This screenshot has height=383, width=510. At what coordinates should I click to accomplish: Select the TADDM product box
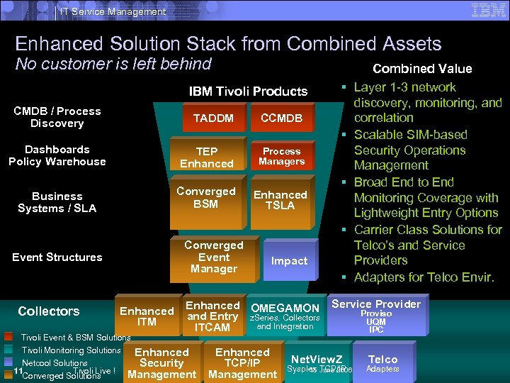pos(213,118)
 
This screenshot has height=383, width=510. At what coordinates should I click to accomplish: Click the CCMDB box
pos(281,118)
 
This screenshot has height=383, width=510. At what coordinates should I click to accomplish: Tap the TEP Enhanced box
pos(206,157)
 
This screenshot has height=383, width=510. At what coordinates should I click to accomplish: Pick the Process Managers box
pos(281,157)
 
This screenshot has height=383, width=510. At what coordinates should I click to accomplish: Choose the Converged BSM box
pos(206,198)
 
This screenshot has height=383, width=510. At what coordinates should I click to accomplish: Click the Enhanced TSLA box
pos(280,200)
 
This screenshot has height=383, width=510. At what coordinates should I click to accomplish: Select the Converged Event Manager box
pos(213,257)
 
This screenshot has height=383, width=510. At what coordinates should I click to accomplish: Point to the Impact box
pos(289,261)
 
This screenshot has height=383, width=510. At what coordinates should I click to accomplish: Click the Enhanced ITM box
pos(147,316)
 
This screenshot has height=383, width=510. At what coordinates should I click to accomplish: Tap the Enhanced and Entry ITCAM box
pos(212,316)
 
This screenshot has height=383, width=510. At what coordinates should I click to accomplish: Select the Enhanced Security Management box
pos(161,363)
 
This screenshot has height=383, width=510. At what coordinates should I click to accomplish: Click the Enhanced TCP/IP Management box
pos(242,363)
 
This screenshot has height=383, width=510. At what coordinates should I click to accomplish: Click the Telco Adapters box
pos(382,363)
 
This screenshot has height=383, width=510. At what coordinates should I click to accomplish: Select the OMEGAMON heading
pos(285,308)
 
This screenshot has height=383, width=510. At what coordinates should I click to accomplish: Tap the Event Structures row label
pos(57,257)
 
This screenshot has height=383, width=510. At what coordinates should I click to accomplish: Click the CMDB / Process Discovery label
pos(57,117)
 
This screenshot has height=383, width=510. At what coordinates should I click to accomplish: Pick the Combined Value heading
pos(422,69)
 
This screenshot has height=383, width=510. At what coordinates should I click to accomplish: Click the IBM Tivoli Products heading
pos(248,91)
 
